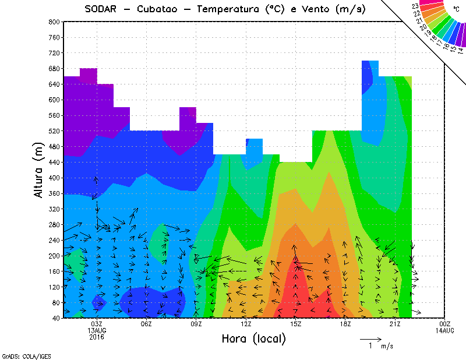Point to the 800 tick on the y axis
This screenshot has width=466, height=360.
[x=54, y=22]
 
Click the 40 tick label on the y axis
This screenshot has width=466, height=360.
[x=55, y=318]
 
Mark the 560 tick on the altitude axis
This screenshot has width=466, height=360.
[x=54, y=115]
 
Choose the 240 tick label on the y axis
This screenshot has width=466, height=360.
[x=54, y=240]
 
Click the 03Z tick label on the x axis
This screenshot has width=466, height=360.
[x=97, y=324]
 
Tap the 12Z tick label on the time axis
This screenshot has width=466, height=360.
[x=246, y=324]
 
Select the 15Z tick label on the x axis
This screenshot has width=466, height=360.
[x=296, y=324]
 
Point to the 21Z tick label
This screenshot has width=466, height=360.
[x=395, y=324]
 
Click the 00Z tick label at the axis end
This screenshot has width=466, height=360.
[x=445, y=324]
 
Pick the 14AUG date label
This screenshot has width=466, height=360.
[x=445, y=330]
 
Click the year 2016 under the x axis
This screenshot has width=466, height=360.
[x=97, y=337]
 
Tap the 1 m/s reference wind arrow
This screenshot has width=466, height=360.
[x=370, y=338]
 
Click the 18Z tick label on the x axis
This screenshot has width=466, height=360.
[x=345, y=324]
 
